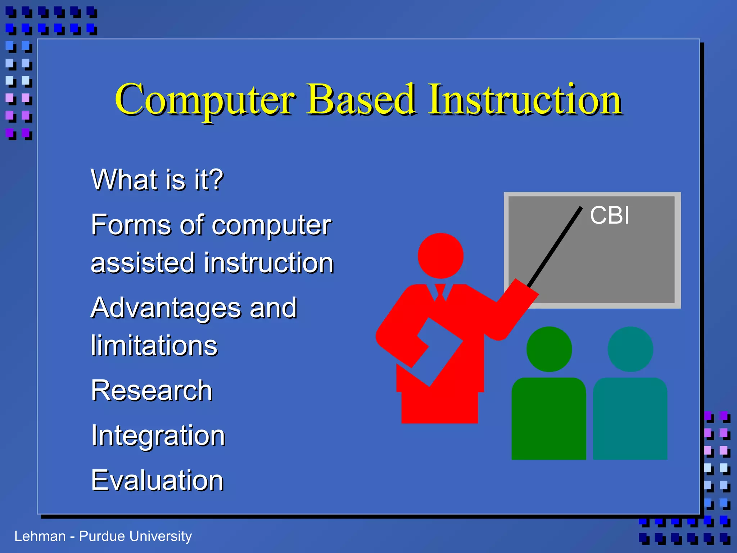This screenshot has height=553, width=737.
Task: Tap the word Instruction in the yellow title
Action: point(525,99)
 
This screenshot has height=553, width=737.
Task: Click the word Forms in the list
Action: point(131,225)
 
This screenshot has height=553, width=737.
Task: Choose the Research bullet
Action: point(152,390)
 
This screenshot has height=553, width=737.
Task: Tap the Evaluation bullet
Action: point(158,480)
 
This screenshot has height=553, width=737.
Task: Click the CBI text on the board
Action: point(610,215)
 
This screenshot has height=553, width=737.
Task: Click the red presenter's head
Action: point(440,256)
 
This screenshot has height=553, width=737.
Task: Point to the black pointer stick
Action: point(554,247)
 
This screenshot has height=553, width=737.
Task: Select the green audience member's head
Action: point(549,349)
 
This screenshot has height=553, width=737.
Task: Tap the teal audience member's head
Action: point(630,349)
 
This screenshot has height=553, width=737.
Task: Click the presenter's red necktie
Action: point(440,292)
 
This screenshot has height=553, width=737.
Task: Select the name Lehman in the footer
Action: point(40,536)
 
